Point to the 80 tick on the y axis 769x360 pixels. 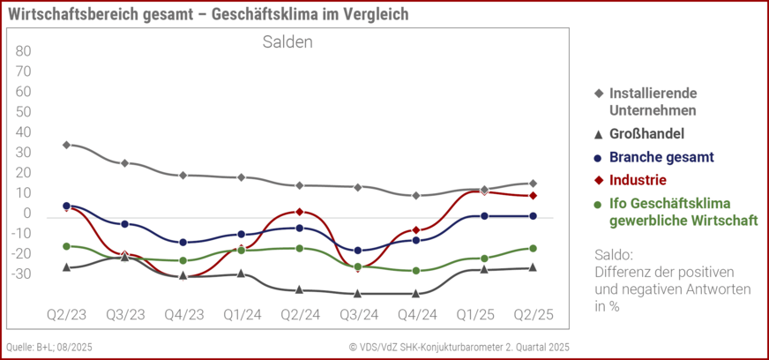(x=24, y=50)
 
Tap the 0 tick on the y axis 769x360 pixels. (x=27, y=213)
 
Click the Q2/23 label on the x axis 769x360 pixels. (x=66, y=313)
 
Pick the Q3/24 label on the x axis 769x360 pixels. (x=357, y=313)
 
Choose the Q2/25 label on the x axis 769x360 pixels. (x=532, y=313)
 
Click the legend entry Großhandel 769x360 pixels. (x=646, y=134)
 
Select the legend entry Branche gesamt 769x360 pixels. (x=661, y=157)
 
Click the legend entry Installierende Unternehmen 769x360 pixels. (x=653, y=101)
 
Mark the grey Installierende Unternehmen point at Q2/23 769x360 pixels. (x=66, y=145)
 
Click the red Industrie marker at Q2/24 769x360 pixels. (x=299, y=212)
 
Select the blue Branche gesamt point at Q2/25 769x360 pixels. (x=532, y=215)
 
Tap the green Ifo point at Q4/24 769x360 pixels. (x=415, y=271)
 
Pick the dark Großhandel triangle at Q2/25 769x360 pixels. (x=532, y=267)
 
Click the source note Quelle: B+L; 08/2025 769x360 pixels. (x=49, y=347)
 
